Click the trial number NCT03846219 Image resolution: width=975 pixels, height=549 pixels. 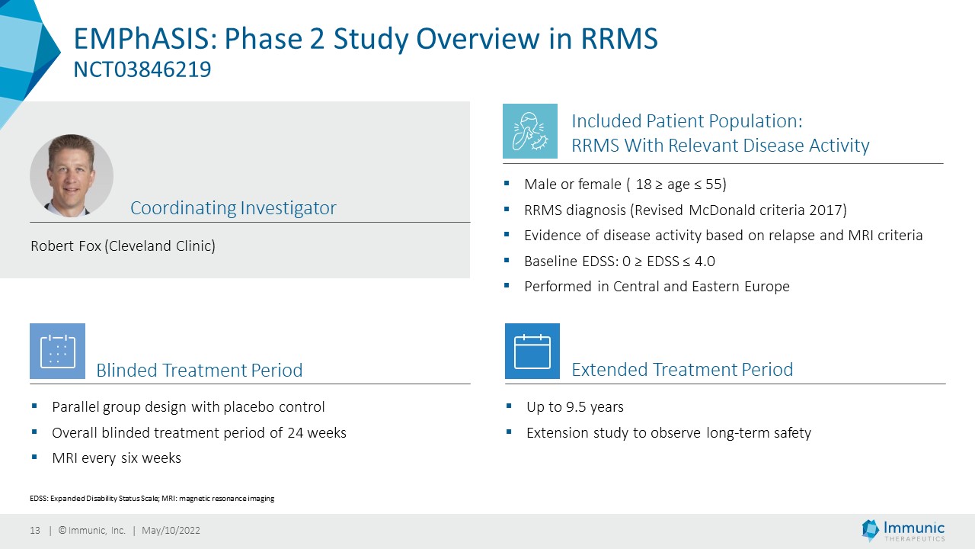pyautogui.click(x=142, y=69)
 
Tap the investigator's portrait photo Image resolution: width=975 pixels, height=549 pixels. pyautogui.click(x=72, y=175)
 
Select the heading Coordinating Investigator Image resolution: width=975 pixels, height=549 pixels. pyautogui.click(x=233, y=208)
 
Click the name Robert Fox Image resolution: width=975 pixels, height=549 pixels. pyautogui.click(x=66, y=246)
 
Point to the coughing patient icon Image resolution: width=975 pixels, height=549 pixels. pyautogui.click(x=530, y=131)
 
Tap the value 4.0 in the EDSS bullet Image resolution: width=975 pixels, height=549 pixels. pyautogui.click(x=705, y=262)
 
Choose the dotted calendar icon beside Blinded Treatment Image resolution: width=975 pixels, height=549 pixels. pyautogui.click(x=57, y=352)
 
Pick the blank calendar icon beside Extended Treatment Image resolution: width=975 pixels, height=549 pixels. pyautogui.click(x=532, y=352)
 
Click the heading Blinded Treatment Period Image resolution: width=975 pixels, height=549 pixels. pyautogui.click(x=200, y=371)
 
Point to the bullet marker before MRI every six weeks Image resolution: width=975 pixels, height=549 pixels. pyautogui.click(x=34, y=457)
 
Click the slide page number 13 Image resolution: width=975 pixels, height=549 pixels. pyautogui.click(x=35, y=530)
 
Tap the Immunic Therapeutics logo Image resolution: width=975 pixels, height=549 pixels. pyautogui.click(x=903, y=530)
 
